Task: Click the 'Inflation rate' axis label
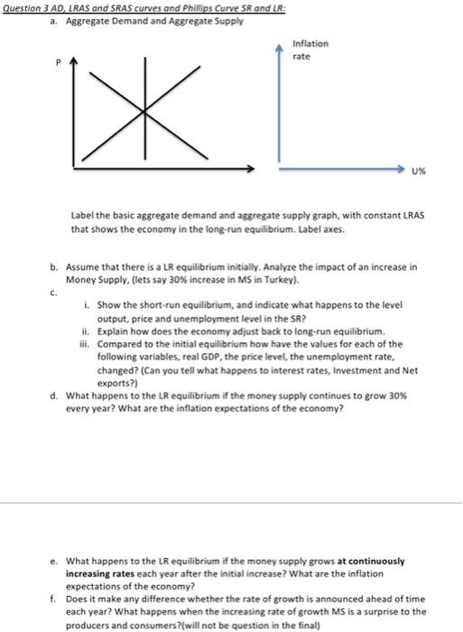click(x=310, y=50)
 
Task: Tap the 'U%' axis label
click(x=420, y=170)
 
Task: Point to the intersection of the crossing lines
click(x=144, y=110)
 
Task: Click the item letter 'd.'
click(x=57, y=394)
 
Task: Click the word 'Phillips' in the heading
click(x=209, y=5)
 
